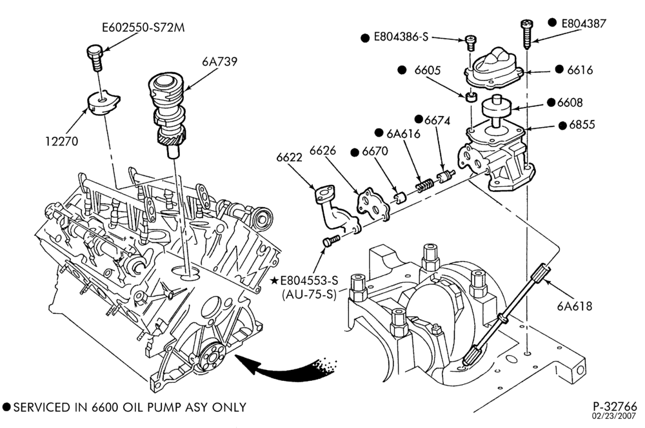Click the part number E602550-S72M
tap(143, 28)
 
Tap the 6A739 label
tap(220, 61)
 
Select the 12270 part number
tap(61, 141)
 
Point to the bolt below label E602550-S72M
tap(95, 57)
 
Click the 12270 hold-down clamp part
tap(103, 102)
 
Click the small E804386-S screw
tap(471, 43)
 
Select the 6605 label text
tap(427, 70)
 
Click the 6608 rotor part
tap(497, 109)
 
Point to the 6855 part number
tap(582, 124)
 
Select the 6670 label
tap(374, 151)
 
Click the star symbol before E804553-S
tap(274, 280)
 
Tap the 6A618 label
tap(574, 306)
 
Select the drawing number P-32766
tap(615, 406)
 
